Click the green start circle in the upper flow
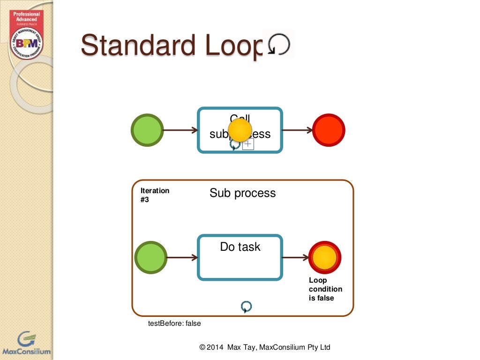(147, 130)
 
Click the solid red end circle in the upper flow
(329, 130)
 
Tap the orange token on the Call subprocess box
(240, 130)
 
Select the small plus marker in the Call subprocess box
(248, 144)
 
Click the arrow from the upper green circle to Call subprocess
(180, 130)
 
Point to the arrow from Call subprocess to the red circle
(297, 130)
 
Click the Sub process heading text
(242, 193)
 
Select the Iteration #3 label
(155, 195)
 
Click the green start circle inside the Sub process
(150, 257)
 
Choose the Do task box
(240, 257)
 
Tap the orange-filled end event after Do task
(325, 257)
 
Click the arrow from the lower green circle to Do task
(182, 257)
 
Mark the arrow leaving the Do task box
(295, 257)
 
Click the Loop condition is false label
(325, 289)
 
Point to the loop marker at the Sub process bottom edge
(246, 307)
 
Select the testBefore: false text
(174, 323)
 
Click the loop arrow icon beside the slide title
(278, 45)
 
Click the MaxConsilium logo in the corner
(26, 344)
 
